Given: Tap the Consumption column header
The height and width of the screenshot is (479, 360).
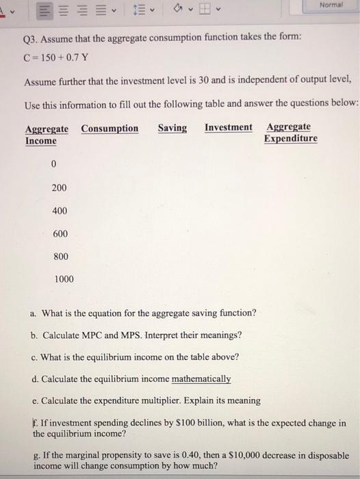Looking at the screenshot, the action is click(110, 129).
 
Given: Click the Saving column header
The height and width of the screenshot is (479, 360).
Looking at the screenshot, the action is click(172, 128).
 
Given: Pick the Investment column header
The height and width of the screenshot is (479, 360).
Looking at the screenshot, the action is click(228, 128).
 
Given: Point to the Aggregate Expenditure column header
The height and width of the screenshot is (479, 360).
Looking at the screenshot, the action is click(290, 133).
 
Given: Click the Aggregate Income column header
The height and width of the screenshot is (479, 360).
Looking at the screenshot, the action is click(47, 134).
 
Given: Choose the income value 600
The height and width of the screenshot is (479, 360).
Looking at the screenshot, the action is click(60, 234).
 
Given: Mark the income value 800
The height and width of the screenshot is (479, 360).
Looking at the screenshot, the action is click(60, 257).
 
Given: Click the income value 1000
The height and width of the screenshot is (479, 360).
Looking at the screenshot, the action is click(64, 279).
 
